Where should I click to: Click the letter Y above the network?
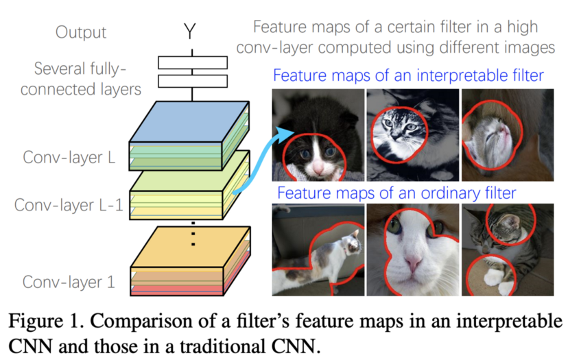[191, 32]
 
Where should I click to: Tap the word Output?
[82, 32]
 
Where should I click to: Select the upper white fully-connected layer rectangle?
[192, 62]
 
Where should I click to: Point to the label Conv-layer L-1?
[68, 204]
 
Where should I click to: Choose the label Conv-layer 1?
[69, 282]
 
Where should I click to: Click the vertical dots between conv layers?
[193, 233]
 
